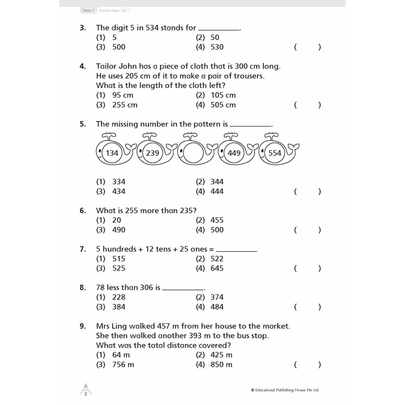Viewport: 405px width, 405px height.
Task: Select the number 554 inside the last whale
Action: click(275, 153)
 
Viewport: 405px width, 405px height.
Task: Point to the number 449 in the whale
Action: click(234, 153)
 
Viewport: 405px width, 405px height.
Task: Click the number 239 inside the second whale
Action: click(153, 153)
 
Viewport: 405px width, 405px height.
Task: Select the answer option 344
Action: click(217, 182)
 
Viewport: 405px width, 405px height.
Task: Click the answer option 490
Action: click(119, 230)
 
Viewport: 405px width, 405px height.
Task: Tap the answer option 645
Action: click(217, 268)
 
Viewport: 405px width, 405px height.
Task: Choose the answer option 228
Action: click(119, 297)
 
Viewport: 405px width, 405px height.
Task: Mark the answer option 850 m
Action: click(221, 364)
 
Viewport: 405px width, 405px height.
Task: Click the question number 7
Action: click(83, 249)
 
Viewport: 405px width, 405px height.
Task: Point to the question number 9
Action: click(83, 326)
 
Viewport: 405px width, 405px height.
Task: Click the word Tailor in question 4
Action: click(106, 66)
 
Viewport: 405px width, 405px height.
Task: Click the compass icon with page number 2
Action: click(85, 390)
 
